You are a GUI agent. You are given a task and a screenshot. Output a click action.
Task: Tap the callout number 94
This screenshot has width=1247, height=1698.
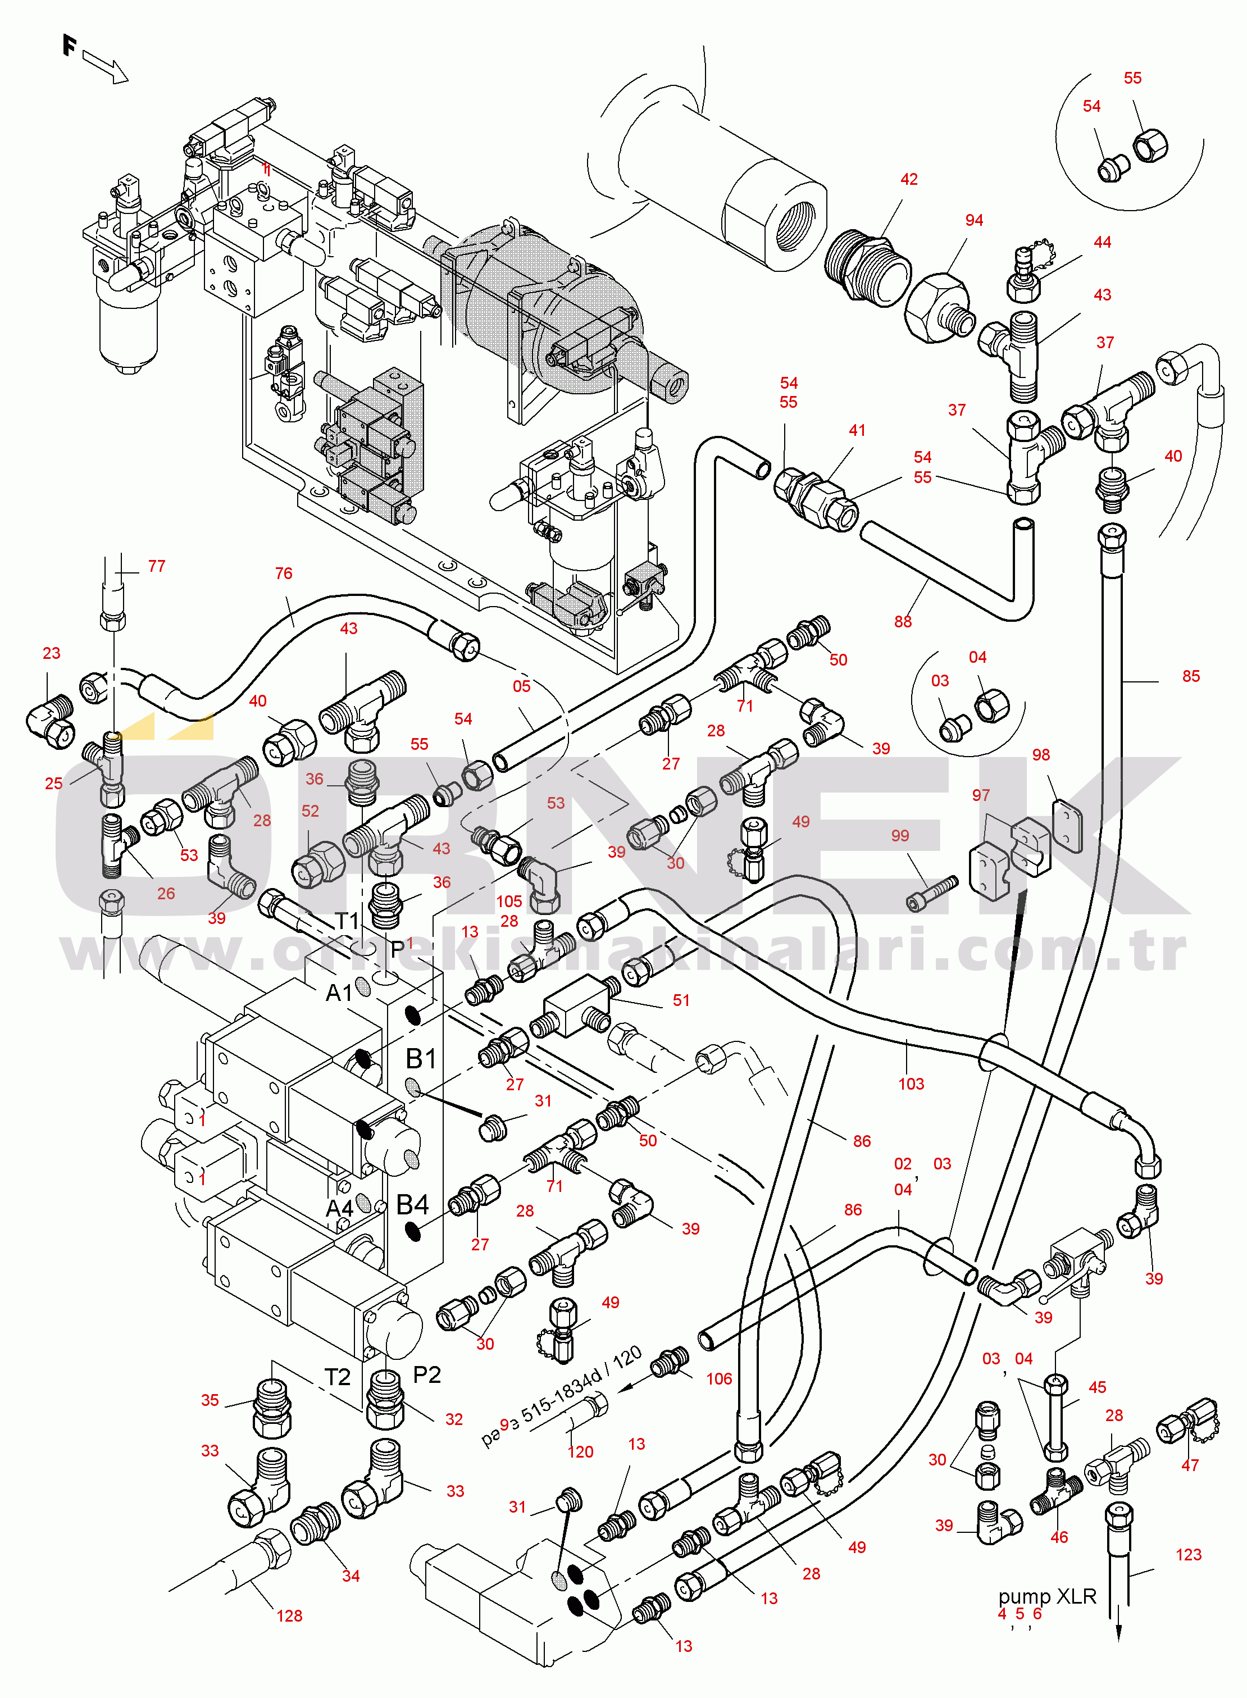click(x=974, y=220)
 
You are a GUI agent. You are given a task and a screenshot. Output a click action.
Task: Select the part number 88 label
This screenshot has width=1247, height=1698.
click(x=903, y=622)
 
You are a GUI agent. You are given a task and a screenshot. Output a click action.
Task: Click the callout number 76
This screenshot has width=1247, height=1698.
click(x=283, y=573)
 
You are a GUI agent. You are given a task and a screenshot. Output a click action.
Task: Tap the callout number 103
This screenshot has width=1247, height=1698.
click(x=911, y=1084)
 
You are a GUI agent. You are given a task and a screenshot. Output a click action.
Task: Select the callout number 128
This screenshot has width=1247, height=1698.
click(x=289, y=1616)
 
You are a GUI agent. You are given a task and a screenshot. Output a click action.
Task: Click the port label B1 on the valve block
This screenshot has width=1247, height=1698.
click(x=421, y=1059)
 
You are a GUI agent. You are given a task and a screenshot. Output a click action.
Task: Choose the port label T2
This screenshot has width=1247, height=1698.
click(x=338, y=1377)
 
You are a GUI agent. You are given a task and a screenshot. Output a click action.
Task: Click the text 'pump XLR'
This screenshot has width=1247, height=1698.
click(x=1047, y=1597)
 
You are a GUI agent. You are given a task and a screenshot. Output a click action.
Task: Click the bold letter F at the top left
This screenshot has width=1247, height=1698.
click(x=70, y=46)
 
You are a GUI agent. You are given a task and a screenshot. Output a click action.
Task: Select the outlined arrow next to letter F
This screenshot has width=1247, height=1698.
click(x=105, y=66)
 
